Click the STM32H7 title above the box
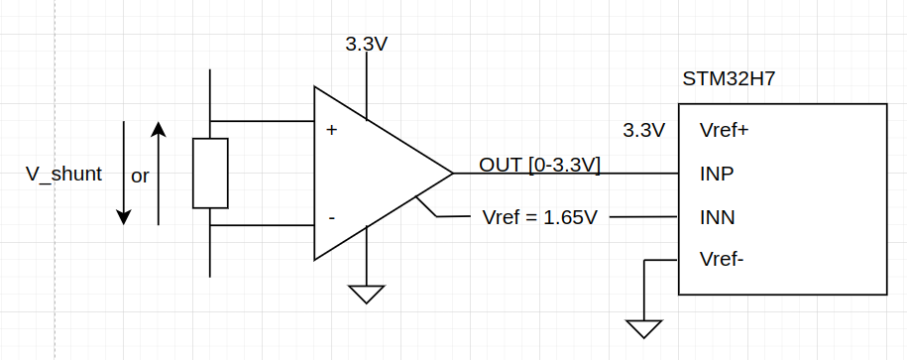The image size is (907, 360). tap(728, 79)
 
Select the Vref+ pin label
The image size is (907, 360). tap(724, 130)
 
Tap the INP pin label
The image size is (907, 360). tap(716, 174)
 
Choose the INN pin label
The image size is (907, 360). tap(717, 217)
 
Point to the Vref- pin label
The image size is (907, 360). tap(722, 260)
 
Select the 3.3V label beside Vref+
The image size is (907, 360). tap(643, 130)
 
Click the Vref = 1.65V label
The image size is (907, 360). tap(539, 217)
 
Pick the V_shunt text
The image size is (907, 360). tap(63, 175)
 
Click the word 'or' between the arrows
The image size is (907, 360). tap(140, 177)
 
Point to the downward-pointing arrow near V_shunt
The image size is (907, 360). tap(123, 174)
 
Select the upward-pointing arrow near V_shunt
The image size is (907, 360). tap(159, 174)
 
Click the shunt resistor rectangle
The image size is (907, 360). tap(210, 174)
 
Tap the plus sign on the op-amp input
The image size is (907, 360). tap(331, 130)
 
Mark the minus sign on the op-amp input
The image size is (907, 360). tap(331, 217)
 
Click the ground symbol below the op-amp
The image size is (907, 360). tap(367, 294)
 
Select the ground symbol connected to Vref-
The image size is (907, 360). tap(644, 328)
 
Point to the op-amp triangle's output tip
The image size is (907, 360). tap(452, 174)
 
